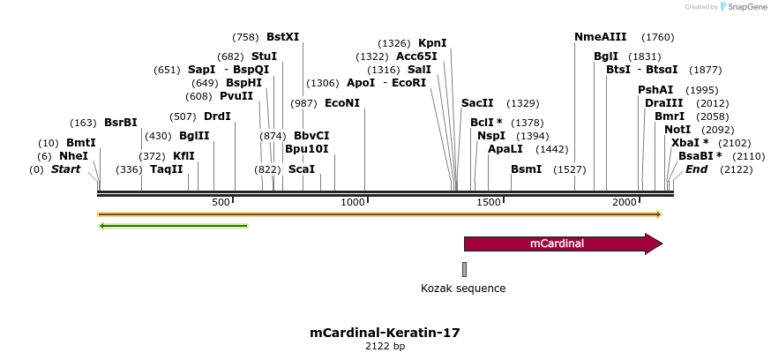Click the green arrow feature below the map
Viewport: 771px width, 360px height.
(174, 226)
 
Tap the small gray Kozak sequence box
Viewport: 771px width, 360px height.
(464, 269)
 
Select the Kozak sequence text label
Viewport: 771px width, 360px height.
(463, 288)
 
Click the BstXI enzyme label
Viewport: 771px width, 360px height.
(282, 37)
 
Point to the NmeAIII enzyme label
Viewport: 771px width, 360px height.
(600, 37)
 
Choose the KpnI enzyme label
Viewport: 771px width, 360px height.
(432, 43)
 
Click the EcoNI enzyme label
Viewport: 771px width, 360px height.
(342, 103)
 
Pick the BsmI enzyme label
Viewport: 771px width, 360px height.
(527, 169)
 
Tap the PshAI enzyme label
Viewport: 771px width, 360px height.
(655, 90)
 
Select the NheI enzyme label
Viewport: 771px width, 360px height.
(74, 156)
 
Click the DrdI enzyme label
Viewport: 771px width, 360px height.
(217, 116)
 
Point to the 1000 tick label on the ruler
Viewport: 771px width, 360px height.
(353, 203)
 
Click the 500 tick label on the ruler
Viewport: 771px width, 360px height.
(221, 203)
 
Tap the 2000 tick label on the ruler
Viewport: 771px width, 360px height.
(625, 203)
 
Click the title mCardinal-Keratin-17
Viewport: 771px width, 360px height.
(385, 333)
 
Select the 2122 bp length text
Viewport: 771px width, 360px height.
(385, 347)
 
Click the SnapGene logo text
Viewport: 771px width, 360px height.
(745, 7)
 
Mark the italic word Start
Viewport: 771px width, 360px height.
(65, 169)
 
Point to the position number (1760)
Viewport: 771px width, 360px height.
(658, 37)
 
